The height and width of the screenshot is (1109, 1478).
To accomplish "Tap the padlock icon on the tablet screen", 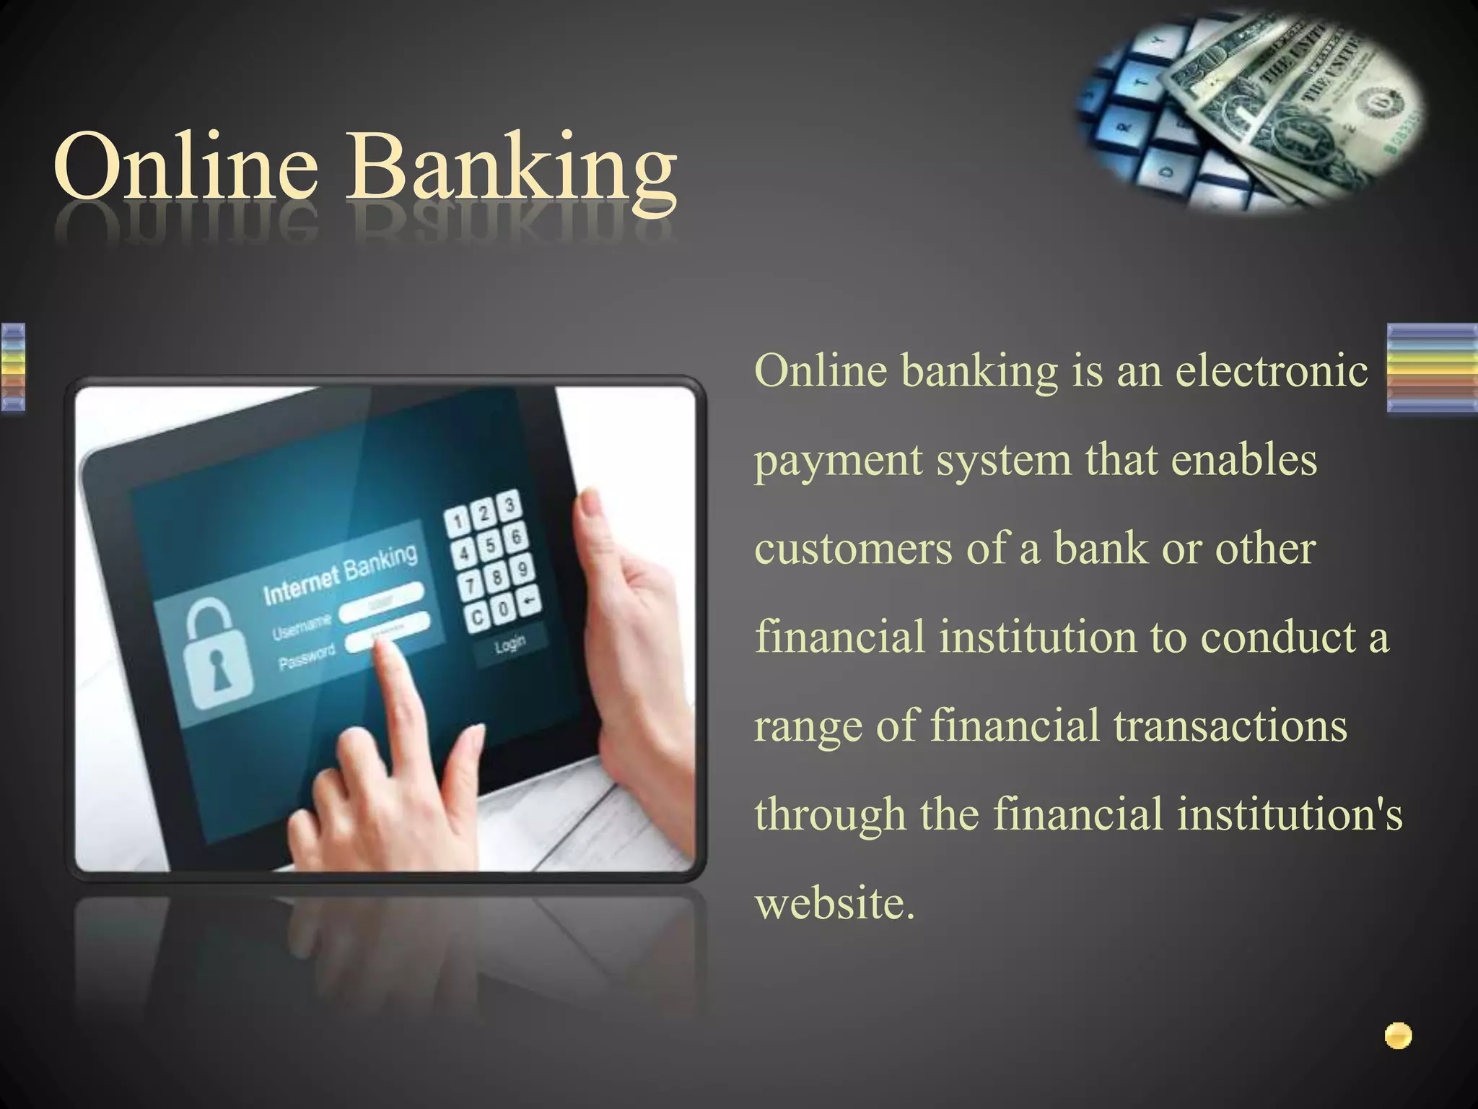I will pyautogui.click(x=216, y=660).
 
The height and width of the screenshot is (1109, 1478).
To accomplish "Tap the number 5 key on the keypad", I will pyautogui.click(x=490, y=545).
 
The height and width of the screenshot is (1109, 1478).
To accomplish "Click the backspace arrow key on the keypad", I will pyautogui.click(x=530, y=600).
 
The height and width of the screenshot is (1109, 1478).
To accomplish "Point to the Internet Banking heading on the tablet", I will pyautogui.click(x=340, y=575).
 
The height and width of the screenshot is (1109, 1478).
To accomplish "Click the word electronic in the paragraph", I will pyautogui.click(x=1272, y=370).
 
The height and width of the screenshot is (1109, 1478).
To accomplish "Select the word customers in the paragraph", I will pyautogui.click(x=853, y=548).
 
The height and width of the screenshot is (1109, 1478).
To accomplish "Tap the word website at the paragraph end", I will pyautogui.click(x=834, y=903).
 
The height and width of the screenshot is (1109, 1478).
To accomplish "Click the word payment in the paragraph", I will pyautogui.click(x=839, y=461).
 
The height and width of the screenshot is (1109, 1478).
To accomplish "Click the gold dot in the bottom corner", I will pyautogui.click(x=1398, y=1036).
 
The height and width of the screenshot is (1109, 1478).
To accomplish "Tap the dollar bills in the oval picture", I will pyautogui.click(x=1292, y=108).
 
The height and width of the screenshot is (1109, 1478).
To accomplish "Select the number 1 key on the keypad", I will pyautogui.click(x=457, y=521).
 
